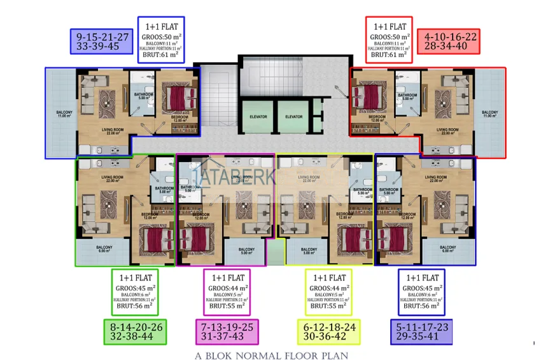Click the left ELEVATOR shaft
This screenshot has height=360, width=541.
pyautogui.click(x=258, y=117)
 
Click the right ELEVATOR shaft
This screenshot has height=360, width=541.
pyautogui.click(x=293, y=117)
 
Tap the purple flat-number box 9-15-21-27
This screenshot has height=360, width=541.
pyautogui.click(x=102, y=41)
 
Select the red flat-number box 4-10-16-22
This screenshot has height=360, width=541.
pyautogui.click(x=447, y=41)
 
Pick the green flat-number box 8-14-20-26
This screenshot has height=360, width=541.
pyautogui.click(x=136, y=331)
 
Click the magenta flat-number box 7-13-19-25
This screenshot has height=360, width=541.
pyautogui.click(x=227, y=331)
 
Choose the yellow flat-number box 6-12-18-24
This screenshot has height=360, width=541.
pyautogui.click(x=328, y=331)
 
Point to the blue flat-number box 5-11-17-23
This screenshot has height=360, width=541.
pyautogui.click(x=421, y=331)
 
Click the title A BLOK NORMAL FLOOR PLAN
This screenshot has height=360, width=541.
pyautogui.click(x=272, y=355)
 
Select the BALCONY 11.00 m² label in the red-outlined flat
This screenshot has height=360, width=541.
pyautogui.click(x=489, y=114)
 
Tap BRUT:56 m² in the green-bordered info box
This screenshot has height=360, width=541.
pyautogui.click(x=134, y=305)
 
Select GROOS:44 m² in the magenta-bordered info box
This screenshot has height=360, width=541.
pyautogui.click(x=227, y=288)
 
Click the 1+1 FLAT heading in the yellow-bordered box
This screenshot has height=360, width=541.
pyautogui.click(x=328, y=277)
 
